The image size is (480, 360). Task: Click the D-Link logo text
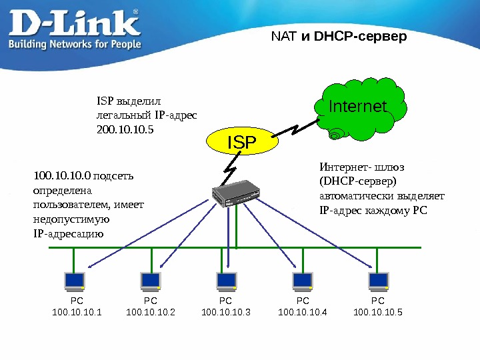[x=74, y=23]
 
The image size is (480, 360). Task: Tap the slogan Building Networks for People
[x=74, y=44]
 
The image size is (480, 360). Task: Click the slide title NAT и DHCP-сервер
[x=339, y=36]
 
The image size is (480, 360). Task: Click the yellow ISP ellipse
[x=242, y=141]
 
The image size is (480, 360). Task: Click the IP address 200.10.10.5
[x=125, y=129]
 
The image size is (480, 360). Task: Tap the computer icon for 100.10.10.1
[x=74, y=281]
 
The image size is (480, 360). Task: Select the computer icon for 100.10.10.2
[x=150, y=281]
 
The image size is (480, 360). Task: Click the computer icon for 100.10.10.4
[x=302, y=281]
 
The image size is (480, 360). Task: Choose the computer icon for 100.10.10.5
[x=379, y=281]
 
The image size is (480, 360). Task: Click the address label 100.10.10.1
[x=77, y=311]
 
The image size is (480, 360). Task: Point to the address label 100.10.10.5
[x=378, y=311]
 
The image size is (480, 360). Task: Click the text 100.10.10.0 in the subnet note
[x=62, y=177]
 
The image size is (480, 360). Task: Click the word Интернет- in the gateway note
[x=343, y=167]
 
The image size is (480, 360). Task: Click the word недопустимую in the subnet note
[x=71, y=219]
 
